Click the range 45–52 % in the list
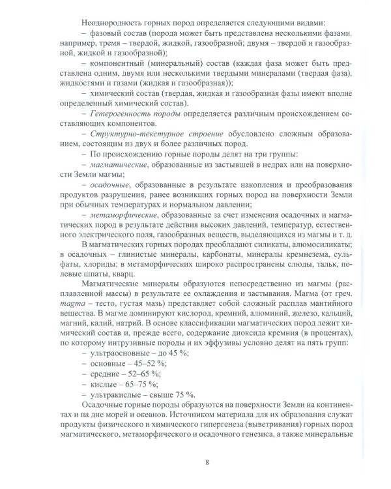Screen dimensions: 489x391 point(149,363)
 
